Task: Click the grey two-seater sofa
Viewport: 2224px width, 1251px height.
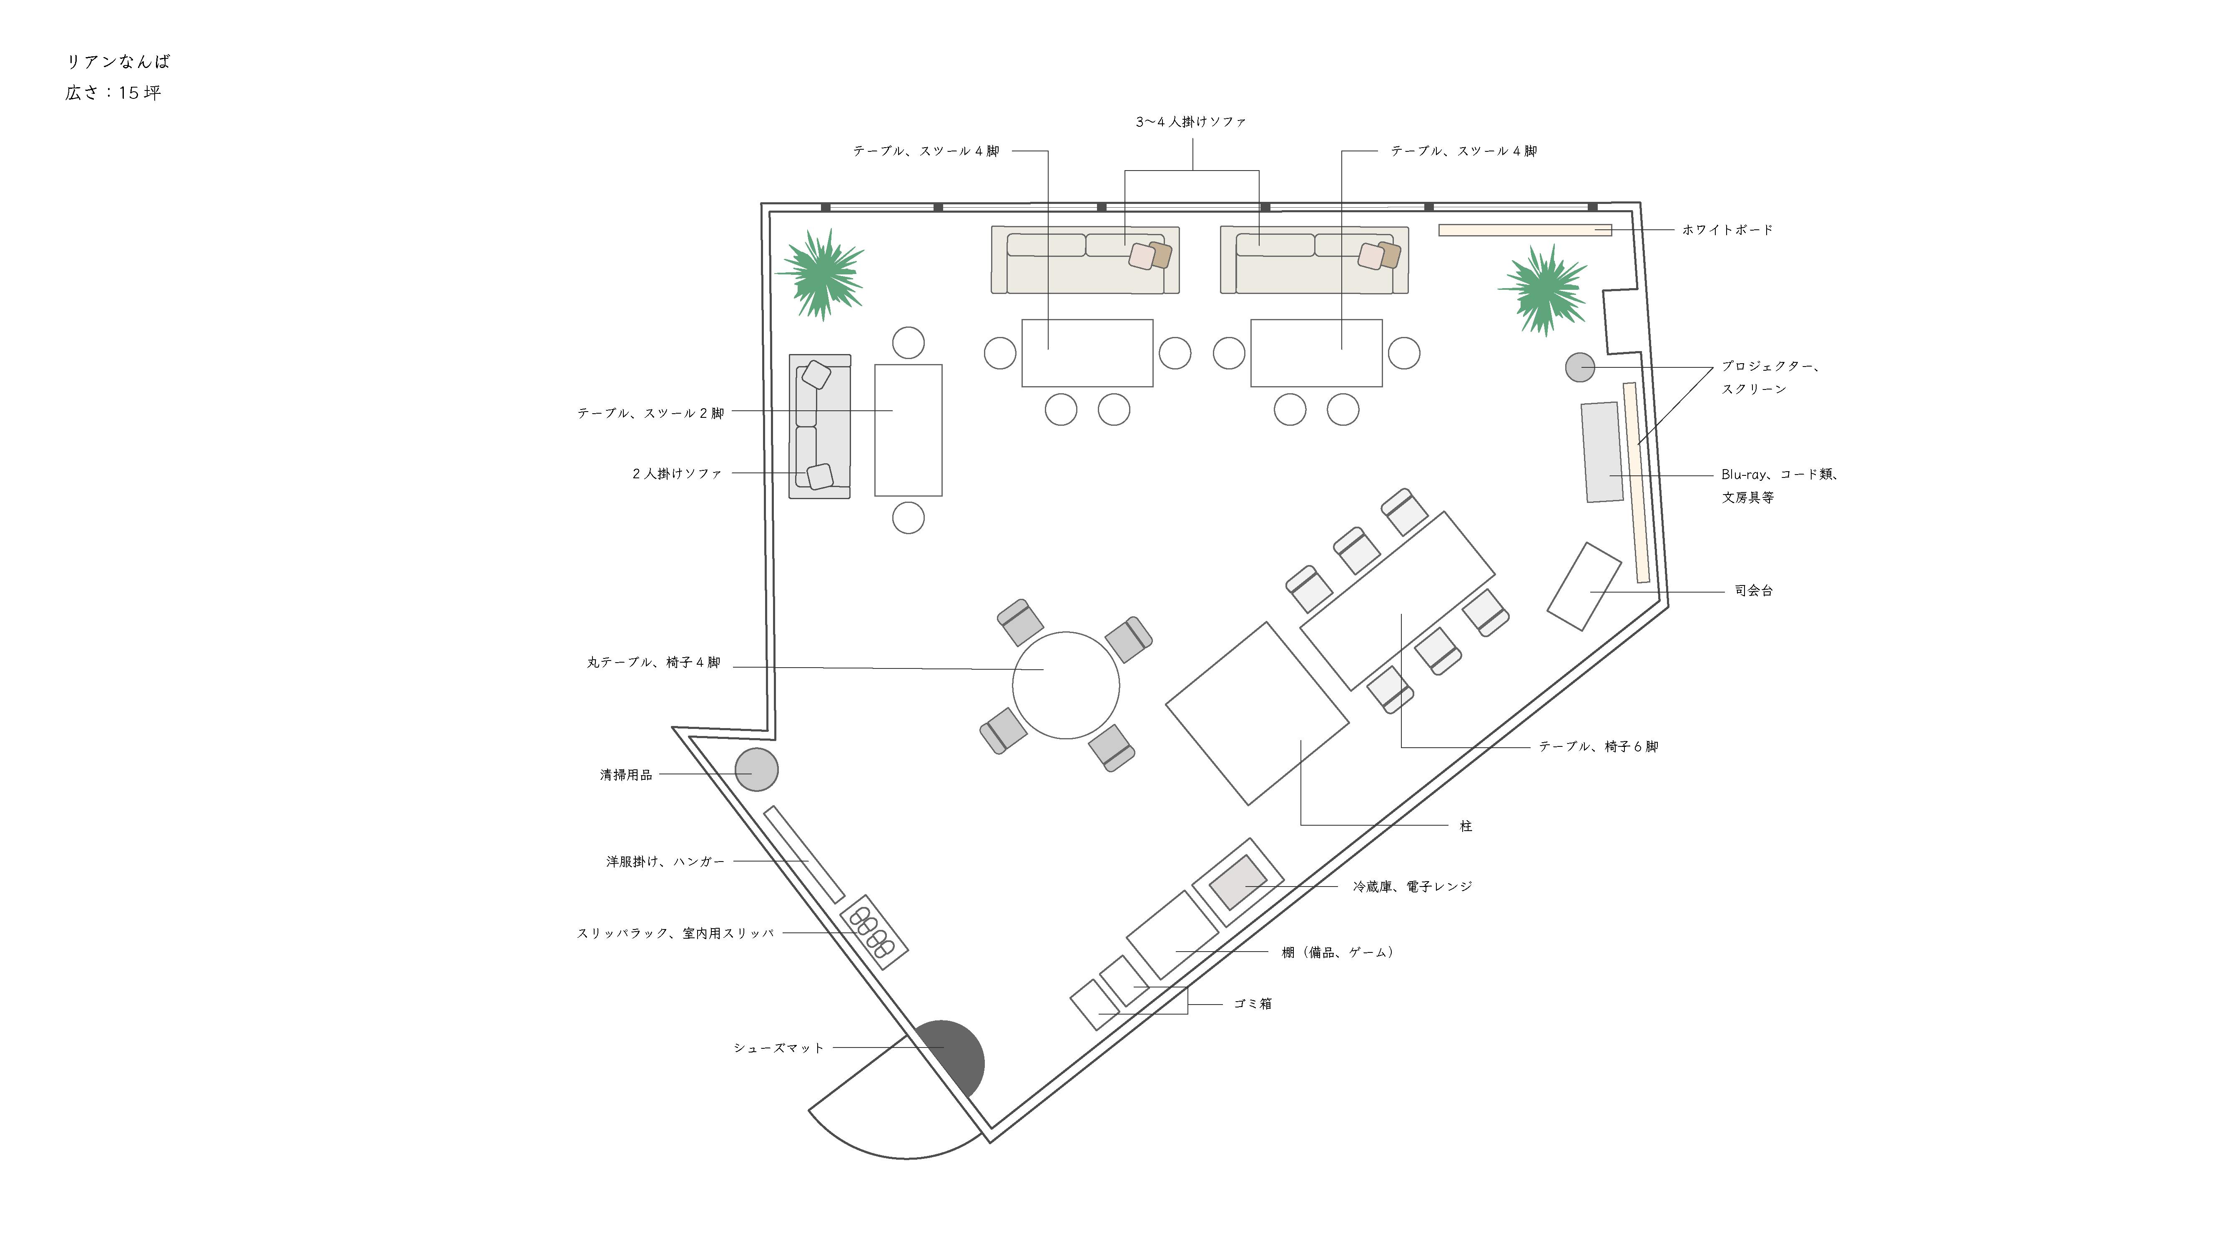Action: click(819, 427)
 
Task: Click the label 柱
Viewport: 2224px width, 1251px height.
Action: click(1465, 826)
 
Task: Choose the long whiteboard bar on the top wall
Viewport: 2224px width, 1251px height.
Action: click(1525, 230)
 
